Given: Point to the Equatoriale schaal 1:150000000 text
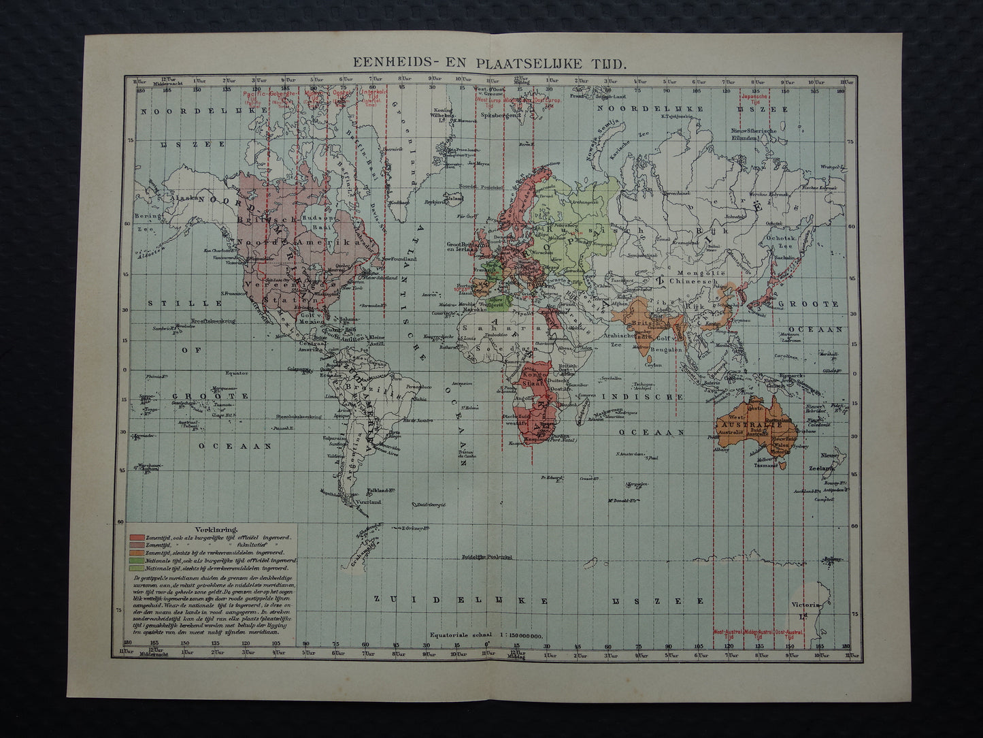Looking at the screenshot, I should pos(486,635).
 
